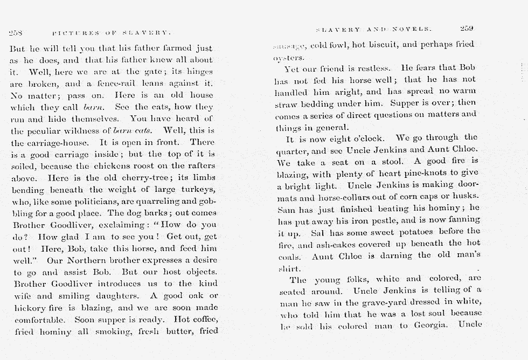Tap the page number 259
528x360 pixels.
(x=466, y=29)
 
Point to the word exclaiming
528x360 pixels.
(x=117, y=225)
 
